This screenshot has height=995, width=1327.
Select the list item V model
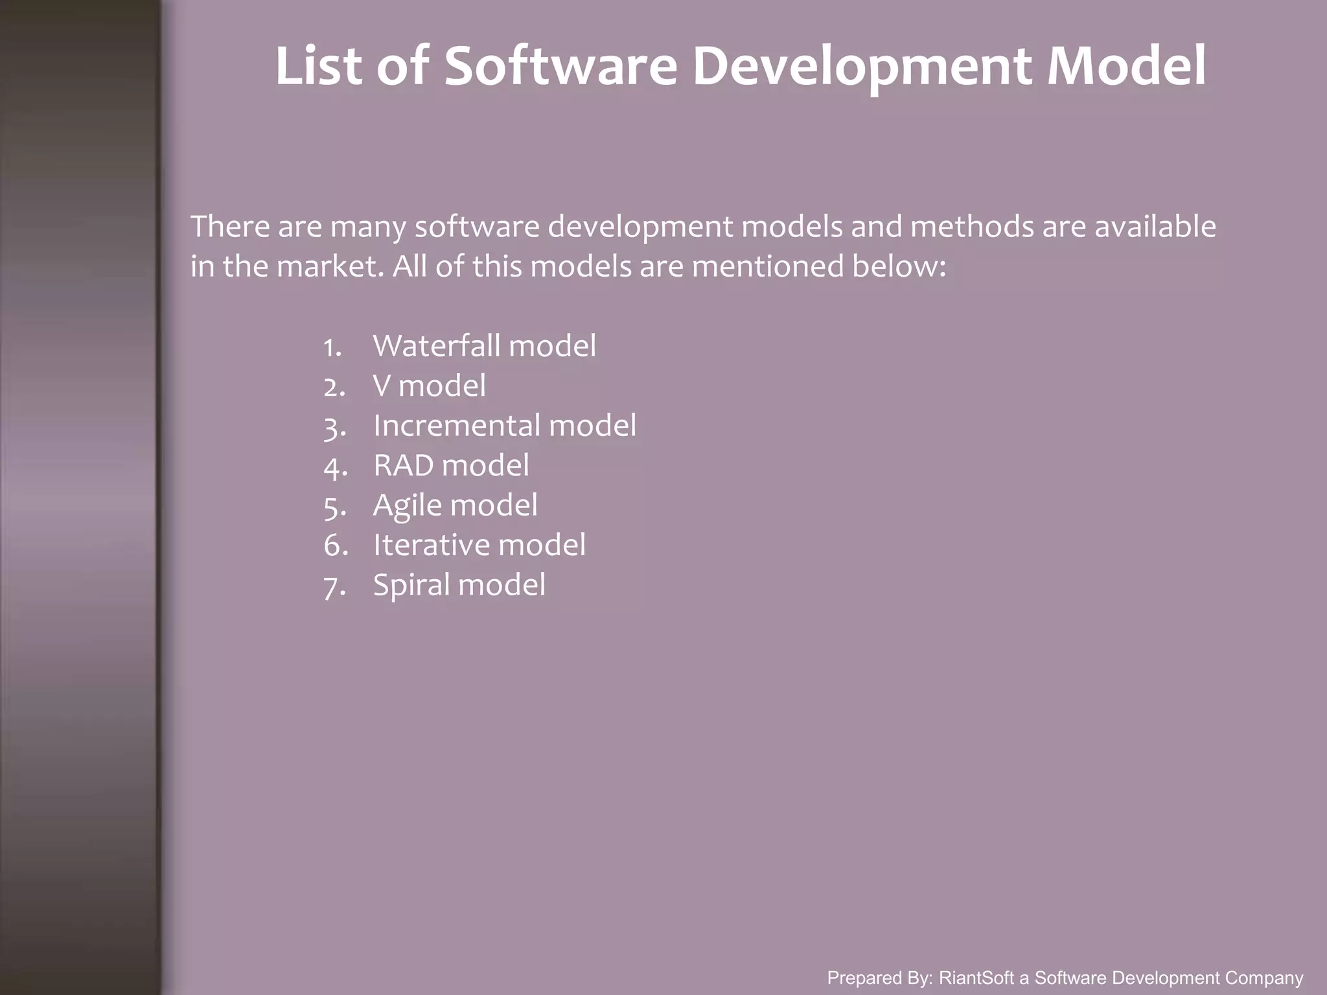(429, 385)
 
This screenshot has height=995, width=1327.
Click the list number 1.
(332, 347)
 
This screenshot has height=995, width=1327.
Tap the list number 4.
(334, 467)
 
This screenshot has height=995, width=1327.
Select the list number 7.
(334, 587)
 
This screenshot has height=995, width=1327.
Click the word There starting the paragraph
(230, 226)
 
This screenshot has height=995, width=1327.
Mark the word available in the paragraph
(1155, 226)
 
